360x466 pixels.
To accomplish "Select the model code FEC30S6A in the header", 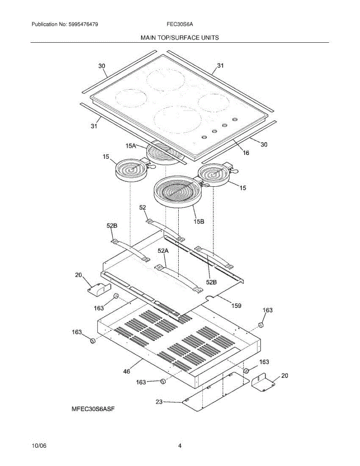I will click(x=180, y=24).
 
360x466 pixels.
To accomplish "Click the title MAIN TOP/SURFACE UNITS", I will click(x=179, y=38).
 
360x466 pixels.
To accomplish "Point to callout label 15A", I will click(x=131, y=146).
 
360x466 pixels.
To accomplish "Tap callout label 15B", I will click(x=199, y=221).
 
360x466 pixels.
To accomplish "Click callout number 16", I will click(x=246, y=153).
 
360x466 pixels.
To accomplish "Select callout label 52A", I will click(x=163, y=251).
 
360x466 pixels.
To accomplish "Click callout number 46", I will click(x=127, y=371).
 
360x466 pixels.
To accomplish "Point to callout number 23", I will click(x=159, y=402).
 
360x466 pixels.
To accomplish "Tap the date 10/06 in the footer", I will click(x=38, y=446).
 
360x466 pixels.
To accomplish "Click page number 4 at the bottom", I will click(x=180, y=446).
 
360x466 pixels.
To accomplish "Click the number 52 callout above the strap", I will click(x=143, y=208).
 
